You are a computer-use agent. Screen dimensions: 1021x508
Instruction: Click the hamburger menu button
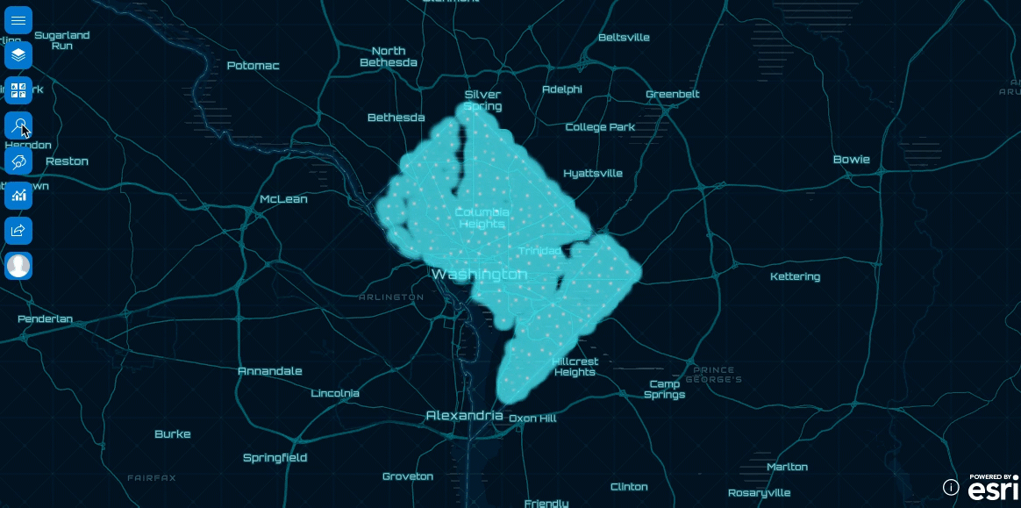pos(18,19)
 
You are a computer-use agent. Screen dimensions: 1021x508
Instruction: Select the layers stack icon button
pos(18,55)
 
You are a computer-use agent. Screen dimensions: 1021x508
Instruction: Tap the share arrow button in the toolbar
pos(18,231)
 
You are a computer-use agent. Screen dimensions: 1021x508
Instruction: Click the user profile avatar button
pos(18,266)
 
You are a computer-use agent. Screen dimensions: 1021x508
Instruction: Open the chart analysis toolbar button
pos(18,196)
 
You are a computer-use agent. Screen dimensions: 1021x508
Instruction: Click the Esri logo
pos(993,488)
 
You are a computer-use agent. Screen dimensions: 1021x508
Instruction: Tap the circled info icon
pos(951,487)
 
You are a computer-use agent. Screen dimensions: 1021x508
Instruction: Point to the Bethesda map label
pos(396,118)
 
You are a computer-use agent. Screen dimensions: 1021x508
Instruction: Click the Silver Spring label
pos(482,100)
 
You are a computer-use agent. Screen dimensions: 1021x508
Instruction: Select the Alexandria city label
pos(464,415)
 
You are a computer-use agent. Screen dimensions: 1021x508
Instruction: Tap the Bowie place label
pos(851,160)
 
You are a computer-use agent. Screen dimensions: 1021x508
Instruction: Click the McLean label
pos(283,199)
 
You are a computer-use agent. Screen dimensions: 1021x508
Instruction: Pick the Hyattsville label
pos(592,173)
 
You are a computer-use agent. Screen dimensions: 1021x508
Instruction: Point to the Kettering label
pos(795,276)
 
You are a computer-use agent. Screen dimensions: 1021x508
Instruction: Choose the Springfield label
pos(275,457)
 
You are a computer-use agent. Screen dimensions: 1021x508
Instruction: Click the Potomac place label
pos(253,66)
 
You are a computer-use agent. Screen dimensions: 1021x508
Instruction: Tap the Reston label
pos(67,161)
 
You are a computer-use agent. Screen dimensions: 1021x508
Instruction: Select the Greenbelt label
pos(672,94)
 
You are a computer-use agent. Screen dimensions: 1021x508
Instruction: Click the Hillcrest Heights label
pos(575,367)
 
